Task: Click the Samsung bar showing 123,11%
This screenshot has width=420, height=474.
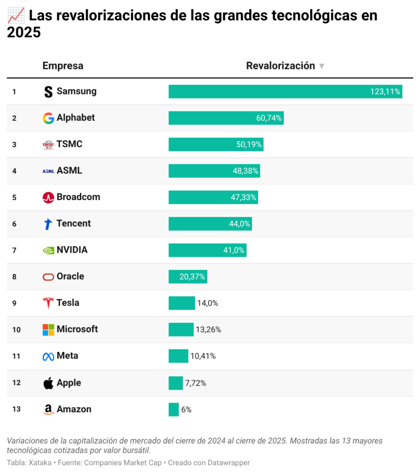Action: point(285,92)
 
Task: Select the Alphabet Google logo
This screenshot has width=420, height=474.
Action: point(48,118)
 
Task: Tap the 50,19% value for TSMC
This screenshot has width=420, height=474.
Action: point(249,144)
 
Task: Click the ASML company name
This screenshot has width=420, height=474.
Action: point(69,171)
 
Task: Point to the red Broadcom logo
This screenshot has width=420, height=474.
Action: point(48,197)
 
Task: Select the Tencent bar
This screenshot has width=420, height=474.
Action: point(210,224)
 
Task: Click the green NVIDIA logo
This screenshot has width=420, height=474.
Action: point(48,250)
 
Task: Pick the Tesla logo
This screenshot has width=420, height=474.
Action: point(48,303)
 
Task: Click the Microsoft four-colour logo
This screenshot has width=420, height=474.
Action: point(48,330)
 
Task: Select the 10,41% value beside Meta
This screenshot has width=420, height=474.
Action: point(203,356)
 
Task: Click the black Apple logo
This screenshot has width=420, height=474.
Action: point(48,383)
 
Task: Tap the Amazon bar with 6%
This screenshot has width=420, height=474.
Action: point(173,409)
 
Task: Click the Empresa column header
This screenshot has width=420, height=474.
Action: point(63,66)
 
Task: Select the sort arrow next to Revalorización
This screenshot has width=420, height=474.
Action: point(321,66)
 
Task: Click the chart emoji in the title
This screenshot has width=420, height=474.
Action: point(15,16)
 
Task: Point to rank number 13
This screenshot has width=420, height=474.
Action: point(16,409)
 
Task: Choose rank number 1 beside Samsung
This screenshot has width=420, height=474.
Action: point(14,92)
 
